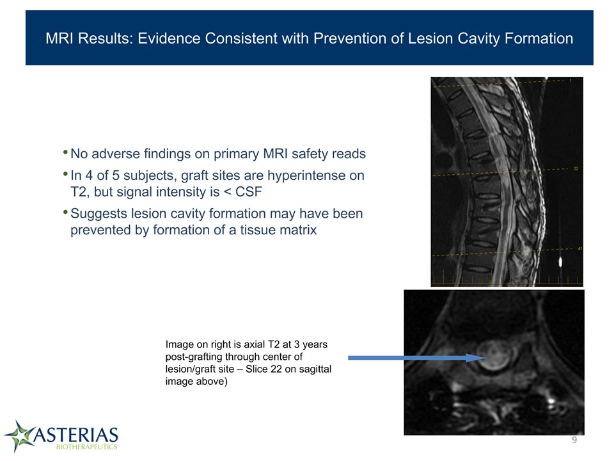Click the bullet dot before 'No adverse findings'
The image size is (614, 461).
tap(65, 152)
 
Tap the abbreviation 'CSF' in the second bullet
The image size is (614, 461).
tap(248, 191)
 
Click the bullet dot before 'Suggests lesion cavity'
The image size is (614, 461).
tap(65, 212)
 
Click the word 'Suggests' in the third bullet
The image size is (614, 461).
tap(98, 214)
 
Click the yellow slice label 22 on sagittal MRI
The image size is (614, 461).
tap(576, 168)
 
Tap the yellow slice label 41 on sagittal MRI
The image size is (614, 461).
tap(580, 248)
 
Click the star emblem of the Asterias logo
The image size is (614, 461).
tap(19, 436)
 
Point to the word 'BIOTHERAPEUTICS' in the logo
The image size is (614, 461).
tap(86, 447)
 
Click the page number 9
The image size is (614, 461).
tap(574, 440)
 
